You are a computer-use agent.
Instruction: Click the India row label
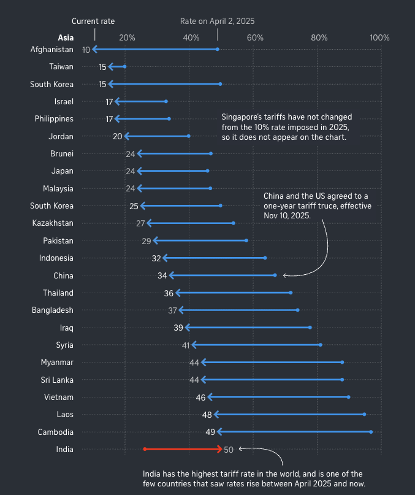tap(64, 449)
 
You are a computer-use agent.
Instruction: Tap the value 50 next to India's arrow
tap(229, 449)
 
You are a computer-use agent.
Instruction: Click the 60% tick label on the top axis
tap(255, 38)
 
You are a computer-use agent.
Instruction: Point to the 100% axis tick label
tap(380, 38)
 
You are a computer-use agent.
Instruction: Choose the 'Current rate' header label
tap(93, 21)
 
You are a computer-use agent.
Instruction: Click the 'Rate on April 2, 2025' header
tap(217, 21)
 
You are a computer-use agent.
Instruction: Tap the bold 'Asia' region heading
tap(66, 38)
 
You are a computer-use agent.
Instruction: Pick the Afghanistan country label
tap(51, 49)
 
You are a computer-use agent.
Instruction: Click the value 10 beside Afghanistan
tap(86, 49)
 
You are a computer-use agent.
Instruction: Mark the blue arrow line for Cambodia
tap(294, 432)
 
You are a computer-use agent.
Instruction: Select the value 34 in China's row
tap(162, 275)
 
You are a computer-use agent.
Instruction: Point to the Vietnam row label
tap(59, 397)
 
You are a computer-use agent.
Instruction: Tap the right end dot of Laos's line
tap(364, 414)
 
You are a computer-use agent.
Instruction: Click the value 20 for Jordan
tap(118, 136)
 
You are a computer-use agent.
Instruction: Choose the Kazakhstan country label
tap(53, 223)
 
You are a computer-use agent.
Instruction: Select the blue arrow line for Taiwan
tap(116, 66)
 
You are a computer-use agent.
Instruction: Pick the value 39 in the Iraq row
tap(178, 328)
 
